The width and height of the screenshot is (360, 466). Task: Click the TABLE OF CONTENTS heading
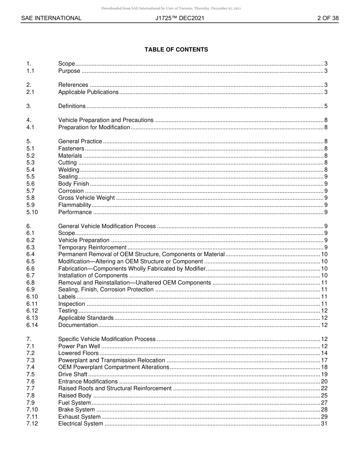pos(176,50)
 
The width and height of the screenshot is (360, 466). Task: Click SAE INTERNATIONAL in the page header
pos(51,18)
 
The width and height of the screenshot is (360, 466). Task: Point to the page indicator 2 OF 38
pos(328,18)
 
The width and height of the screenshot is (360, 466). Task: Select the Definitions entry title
pos(72,106)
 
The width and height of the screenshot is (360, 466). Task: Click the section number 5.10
pos(32,212)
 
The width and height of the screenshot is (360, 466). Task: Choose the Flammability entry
pos(75,205)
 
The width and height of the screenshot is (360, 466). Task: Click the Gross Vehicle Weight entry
pos(86,198)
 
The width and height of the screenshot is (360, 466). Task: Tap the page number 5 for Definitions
pos(326,106)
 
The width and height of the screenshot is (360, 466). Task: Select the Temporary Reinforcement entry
pos(92,247)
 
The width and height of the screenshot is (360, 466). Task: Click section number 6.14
pos(32,325)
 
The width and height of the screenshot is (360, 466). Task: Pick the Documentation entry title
pos(78,325)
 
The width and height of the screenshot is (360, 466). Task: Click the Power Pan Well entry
pos(79,346)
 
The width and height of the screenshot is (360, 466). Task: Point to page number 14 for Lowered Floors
pos(324,353)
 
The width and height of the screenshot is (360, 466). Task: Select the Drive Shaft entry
pos(73,374)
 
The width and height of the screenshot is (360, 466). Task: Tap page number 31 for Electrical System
pos(324,424)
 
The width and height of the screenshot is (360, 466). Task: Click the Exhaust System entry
pos(79,417)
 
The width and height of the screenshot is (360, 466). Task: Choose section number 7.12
pos(32,424)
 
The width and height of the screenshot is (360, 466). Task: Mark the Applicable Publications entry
pos(88,92)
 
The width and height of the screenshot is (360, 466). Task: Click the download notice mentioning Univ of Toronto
pos(171,8)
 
